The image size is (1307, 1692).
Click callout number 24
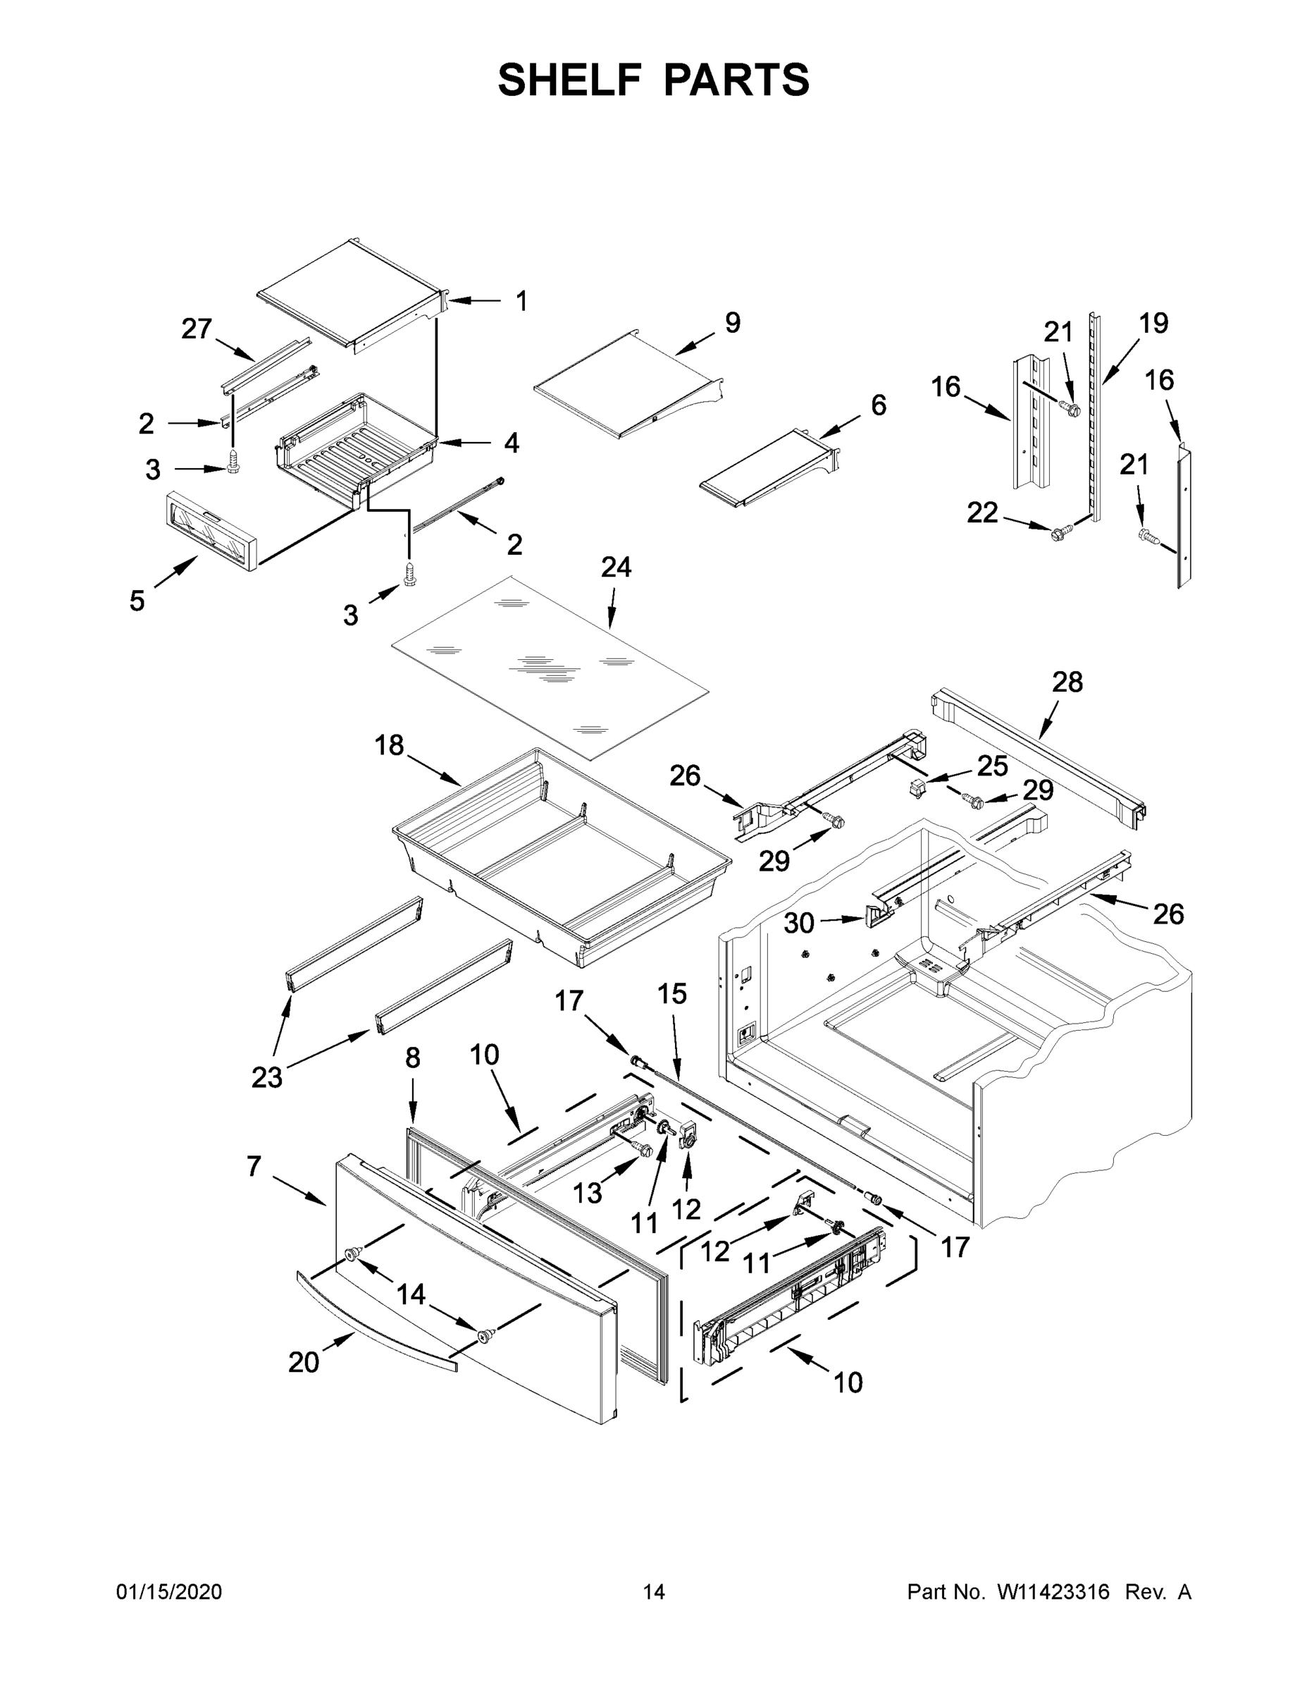pos(616,568)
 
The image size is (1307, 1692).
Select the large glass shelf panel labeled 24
pos(550,666)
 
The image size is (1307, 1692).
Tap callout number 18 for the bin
pos(389,745)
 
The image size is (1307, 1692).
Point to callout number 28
pos(1067,682)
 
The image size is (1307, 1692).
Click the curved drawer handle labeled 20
pos(376,1322)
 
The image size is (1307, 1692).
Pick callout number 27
pos(197,329)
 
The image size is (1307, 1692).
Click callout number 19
pos(1153,323)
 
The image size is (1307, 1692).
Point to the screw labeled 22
pos(1058,532)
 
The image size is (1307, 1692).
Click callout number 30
pos(799,923)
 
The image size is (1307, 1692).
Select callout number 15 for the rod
pos(672,994)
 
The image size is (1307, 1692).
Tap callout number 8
pos(413,1058)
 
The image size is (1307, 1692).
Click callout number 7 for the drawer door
pos(254,1166)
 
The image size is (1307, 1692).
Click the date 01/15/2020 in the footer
pos(169,1592)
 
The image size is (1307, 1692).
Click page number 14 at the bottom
pos(654,1592)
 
